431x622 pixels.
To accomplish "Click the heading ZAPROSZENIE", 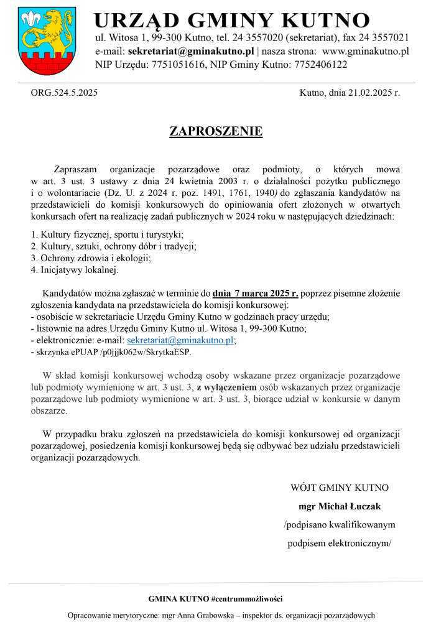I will coord(216,131).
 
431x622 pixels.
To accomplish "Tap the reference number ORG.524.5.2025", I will coord(64,93).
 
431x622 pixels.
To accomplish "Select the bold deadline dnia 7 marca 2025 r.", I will coord(256,293).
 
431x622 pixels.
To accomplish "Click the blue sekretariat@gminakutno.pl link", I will coord(180,340).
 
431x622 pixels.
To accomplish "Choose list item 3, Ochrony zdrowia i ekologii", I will coord(91,258).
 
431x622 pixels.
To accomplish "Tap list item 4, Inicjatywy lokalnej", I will coord(75,270).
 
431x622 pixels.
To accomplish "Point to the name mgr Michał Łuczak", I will coord(340,506).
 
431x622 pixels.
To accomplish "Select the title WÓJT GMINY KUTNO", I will coord(340,488).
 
